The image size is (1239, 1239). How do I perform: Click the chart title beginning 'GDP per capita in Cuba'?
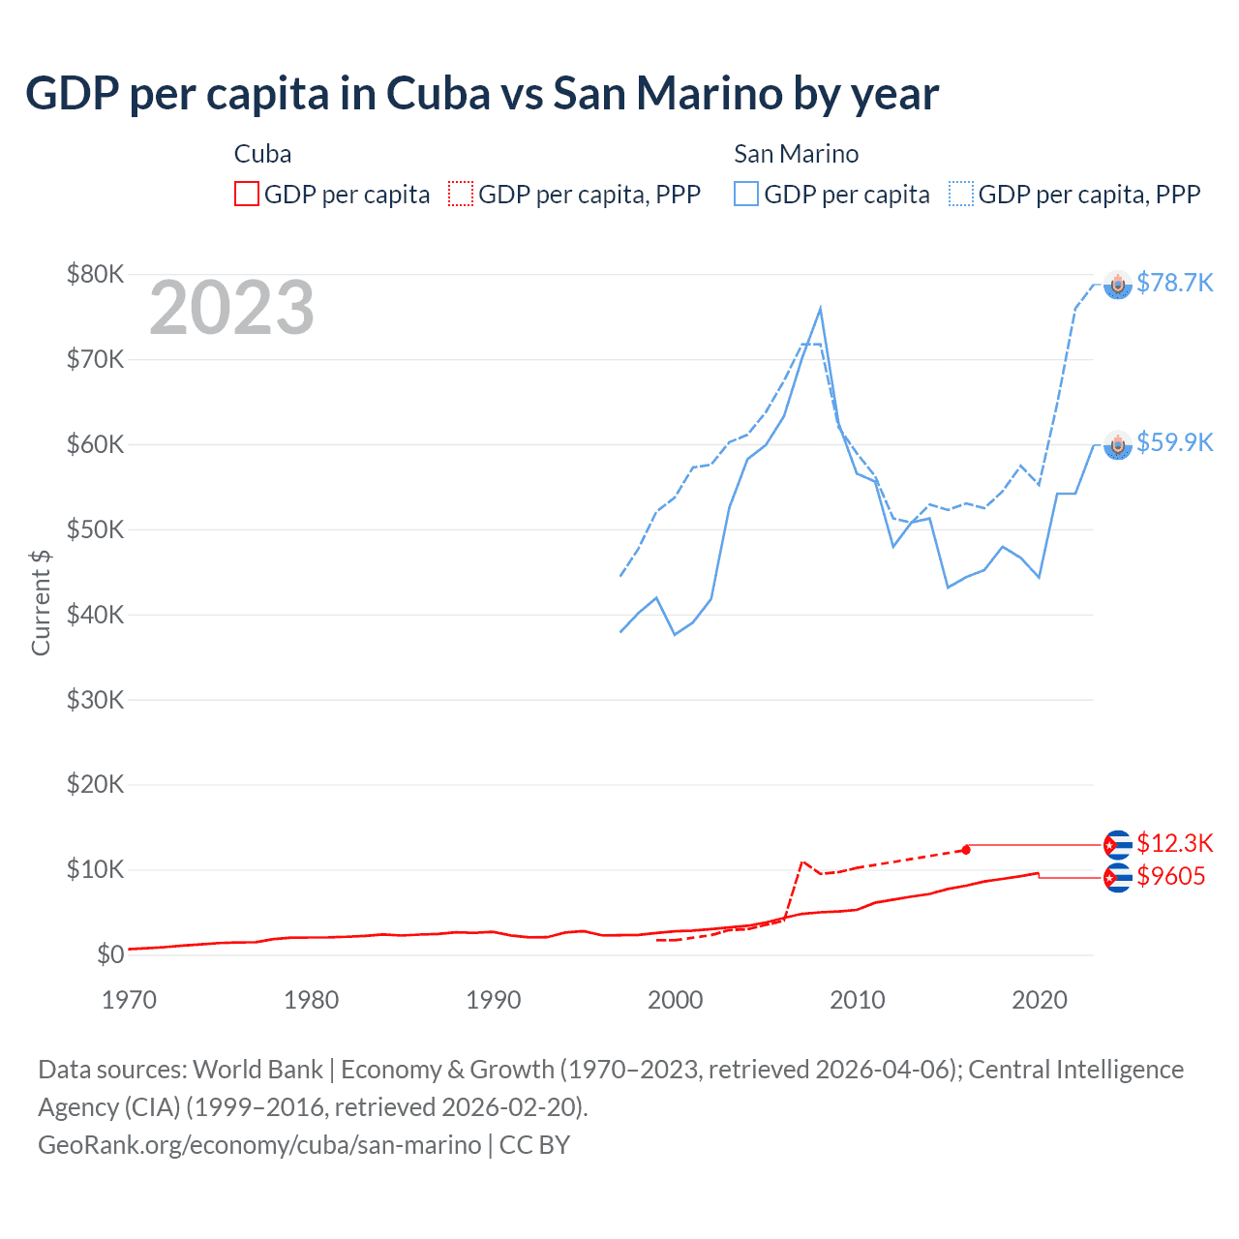482,94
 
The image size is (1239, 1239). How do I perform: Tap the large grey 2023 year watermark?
231,308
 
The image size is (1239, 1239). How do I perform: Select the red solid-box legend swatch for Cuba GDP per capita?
247,195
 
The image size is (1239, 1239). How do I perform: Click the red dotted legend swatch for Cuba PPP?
461,195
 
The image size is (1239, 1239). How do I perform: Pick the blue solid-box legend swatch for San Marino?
746,195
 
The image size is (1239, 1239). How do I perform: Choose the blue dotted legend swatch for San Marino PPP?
961,195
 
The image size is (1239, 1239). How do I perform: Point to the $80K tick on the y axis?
95,274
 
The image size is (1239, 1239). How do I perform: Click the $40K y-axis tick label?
95,615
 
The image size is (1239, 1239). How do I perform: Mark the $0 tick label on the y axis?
110,955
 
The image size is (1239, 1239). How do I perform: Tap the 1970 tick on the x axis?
129,1000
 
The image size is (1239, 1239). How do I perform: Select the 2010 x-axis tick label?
857,1000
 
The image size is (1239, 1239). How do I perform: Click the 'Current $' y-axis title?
41,602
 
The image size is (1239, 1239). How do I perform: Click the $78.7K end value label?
1174,283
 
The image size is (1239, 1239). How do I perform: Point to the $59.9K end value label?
1174,442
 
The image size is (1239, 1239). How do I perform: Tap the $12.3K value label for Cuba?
1174,843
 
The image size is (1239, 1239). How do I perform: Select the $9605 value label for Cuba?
1170,877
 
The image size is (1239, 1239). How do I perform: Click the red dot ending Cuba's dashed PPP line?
966,850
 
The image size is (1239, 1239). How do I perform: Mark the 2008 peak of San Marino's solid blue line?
821,309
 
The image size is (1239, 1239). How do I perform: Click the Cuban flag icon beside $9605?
1118,878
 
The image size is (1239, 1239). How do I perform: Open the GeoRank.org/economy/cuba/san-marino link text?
259,1145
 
